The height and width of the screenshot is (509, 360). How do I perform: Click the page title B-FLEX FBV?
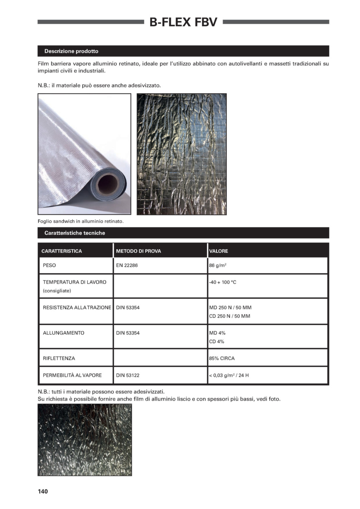tap(183, 22)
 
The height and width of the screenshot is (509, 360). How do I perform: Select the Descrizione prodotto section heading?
tap(71, 51)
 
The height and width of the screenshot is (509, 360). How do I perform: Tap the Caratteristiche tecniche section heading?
tap(75, 233)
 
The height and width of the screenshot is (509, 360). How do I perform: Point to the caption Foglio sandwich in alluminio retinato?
tap(81, 221)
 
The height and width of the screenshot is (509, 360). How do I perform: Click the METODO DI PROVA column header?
tap(139, 251)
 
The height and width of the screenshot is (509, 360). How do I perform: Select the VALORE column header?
tap(219, 251)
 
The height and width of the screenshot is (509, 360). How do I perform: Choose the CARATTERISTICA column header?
tap(62, 251)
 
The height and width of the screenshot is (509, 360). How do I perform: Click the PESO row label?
tap(49, 265)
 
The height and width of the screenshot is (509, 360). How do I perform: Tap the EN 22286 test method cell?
tap(127, 265)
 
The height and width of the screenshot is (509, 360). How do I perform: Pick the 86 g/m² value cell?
tap(218, 265)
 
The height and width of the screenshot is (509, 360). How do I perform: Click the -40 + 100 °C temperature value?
tap(223, 282)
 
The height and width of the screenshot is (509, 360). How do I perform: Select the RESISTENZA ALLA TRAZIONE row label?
tap(77, 308)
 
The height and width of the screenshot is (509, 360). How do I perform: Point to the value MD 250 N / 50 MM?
tap(230, 308)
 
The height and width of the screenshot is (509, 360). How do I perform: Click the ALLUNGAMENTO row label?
tap(64, 333)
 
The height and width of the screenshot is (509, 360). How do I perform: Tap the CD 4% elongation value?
tap(217, 342)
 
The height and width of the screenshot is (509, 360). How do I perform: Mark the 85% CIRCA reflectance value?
tap(222, 359)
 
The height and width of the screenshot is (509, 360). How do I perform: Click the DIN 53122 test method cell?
tap(128, 375)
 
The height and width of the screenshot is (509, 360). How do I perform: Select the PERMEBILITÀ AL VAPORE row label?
tap(72, 375)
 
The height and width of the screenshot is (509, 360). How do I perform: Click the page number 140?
tap(43, 491)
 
